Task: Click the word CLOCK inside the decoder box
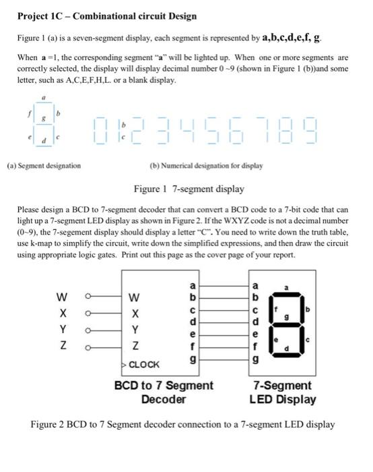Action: pos(145,364)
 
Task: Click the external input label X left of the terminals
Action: pos(63,314)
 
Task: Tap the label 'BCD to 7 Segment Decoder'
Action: pos(164,392)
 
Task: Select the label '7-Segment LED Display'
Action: pos(282,392)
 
